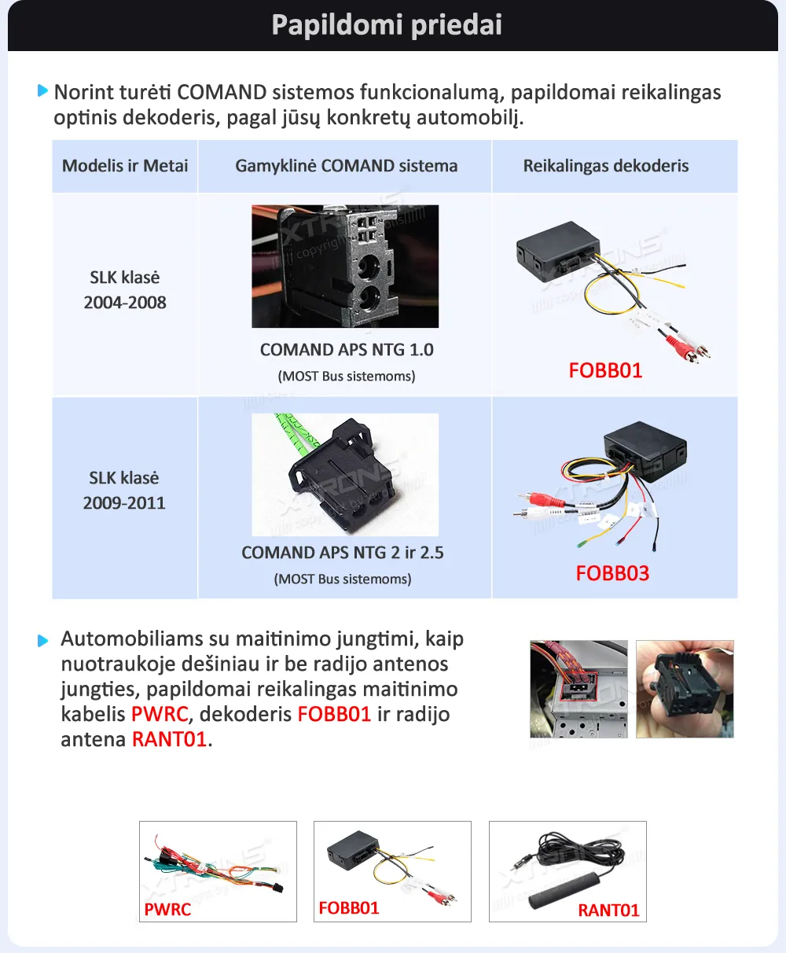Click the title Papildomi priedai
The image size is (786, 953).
(x=387, y=25)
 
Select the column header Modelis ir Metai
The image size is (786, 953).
(x=125, y=166)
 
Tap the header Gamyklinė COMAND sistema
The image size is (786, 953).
(x=346, y=166)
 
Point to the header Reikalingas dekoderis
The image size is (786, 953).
(x=606, y=166)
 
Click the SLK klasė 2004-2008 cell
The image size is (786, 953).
(x=125, y=290)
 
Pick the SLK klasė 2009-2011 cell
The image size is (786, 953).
(x=124, y=491)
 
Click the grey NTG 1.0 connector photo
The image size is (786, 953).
(x=345, y=266)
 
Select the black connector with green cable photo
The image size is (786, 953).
(x=345, y=474)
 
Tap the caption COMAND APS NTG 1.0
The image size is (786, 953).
(x=347, y=350)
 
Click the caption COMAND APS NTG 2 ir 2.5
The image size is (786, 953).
(x=343, y=553)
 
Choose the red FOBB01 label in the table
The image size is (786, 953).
(x=605, y=370)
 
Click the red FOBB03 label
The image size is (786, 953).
(x=612, y=573)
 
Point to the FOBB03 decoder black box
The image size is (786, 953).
(x=646, y=449)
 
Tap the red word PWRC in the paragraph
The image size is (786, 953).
(x=160, y=715)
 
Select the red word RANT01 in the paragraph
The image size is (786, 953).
(x=169, y=740)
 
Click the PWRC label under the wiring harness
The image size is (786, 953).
(x=167, y=910)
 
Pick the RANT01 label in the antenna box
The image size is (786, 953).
(x=608, y=911)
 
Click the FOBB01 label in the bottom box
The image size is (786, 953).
(x=349, y=908)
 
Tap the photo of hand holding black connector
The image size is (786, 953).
(x=684, y=689)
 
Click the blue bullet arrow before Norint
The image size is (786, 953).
(x=43, y=91)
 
